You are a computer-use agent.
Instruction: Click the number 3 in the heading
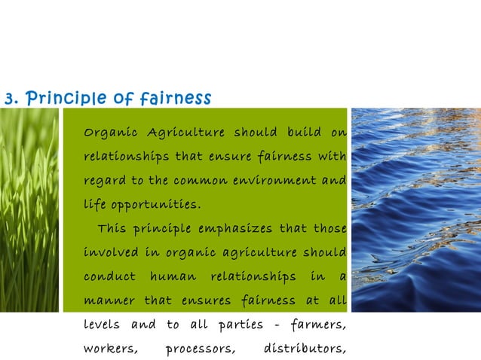[x=8, y=99]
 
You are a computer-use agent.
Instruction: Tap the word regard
[x=103, y=182]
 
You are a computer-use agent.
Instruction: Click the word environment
[x=277, y=182]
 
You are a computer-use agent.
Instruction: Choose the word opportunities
[x=155, y=205]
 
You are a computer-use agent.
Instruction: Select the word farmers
[x=317, y=325]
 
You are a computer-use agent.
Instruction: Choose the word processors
[x=200, y=349]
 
